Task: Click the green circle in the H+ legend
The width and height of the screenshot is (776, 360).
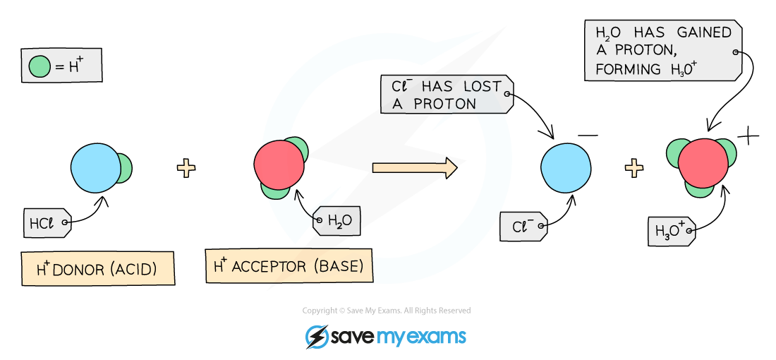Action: click(x=40, y=66)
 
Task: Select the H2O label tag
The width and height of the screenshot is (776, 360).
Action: click(x=336, y=220)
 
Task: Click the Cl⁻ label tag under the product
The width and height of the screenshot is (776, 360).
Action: click(x=524, y=227)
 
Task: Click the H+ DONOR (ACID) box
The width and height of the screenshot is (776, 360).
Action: click(x=98, y=268)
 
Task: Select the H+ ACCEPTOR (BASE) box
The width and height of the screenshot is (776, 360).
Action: click(x=289, y=266)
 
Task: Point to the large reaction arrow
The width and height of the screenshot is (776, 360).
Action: click(x=415, y=167)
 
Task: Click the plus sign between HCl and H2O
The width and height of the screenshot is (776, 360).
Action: click(x=186, y=168)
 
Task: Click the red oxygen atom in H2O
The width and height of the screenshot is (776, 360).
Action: click(x=279, y=164)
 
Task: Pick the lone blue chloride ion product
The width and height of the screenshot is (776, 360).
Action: click(x=566, y=168)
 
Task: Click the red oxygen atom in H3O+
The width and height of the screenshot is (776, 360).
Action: click(x=703, y=163)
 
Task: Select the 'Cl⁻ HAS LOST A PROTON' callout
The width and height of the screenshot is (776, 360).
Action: click(x=447, y=94)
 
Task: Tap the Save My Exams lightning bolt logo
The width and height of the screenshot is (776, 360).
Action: click(x=316, y=337)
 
